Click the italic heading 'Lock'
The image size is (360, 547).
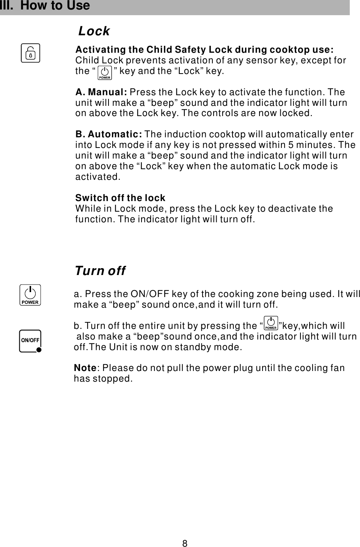click(x=94, y=31)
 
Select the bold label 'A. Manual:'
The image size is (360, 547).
click(x=101, y=92)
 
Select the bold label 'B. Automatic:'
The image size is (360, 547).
click(x=109, y=134)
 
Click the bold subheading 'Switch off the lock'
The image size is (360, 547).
click(x=120, y=198)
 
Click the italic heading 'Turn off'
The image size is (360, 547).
click(x=100, y=271)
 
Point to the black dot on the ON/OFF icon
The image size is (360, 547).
click(x=39, y=350)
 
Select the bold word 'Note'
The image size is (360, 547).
click(x=85, y=368)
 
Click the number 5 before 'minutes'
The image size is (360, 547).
click(x=291, y=145)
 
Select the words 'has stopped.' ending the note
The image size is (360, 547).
click(x=103, y=379)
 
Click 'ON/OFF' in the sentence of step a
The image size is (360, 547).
click(x=149, y=294)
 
